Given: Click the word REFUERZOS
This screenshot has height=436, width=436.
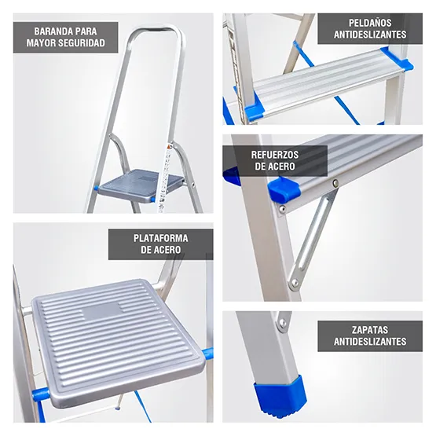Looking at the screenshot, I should click(274, 155).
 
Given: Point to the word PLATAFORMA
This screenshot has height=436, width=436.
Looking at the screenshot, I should click(160, 238).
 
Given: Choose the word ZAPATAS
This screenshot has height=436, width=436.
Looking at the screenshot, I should click(369, 330).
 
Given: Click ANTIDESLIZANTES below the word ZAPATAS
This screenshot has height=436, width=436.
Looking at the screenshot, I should click(369, 342).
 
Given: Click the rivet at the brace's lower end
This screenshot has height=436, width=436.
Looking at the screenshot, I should click(295, 281).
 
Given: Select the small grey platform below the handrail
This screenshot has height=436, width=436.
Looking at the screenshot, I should click(139, 181).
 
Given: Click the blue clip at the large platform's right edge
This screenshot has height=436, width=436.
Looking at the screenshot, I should click(207, 354).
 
